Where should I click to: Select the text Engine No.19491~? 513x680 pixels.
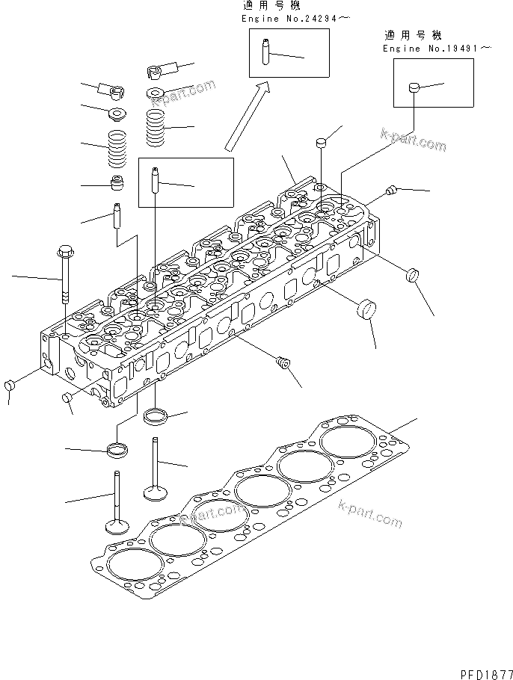pyautogui.click(x=437, y=49)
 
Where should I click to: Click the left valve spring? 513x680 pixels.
pyautogui.click(x=117, y=149)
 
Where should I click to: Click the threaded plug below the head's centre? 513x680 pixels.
pyautogui.click(x=283, y=364)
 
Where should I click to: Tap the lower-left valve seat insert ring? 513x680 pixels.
pyautogui.click(x=118, y=450)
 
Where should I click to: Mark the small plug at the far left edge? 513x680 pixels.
pyautogui.click(x=10, y=386)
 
